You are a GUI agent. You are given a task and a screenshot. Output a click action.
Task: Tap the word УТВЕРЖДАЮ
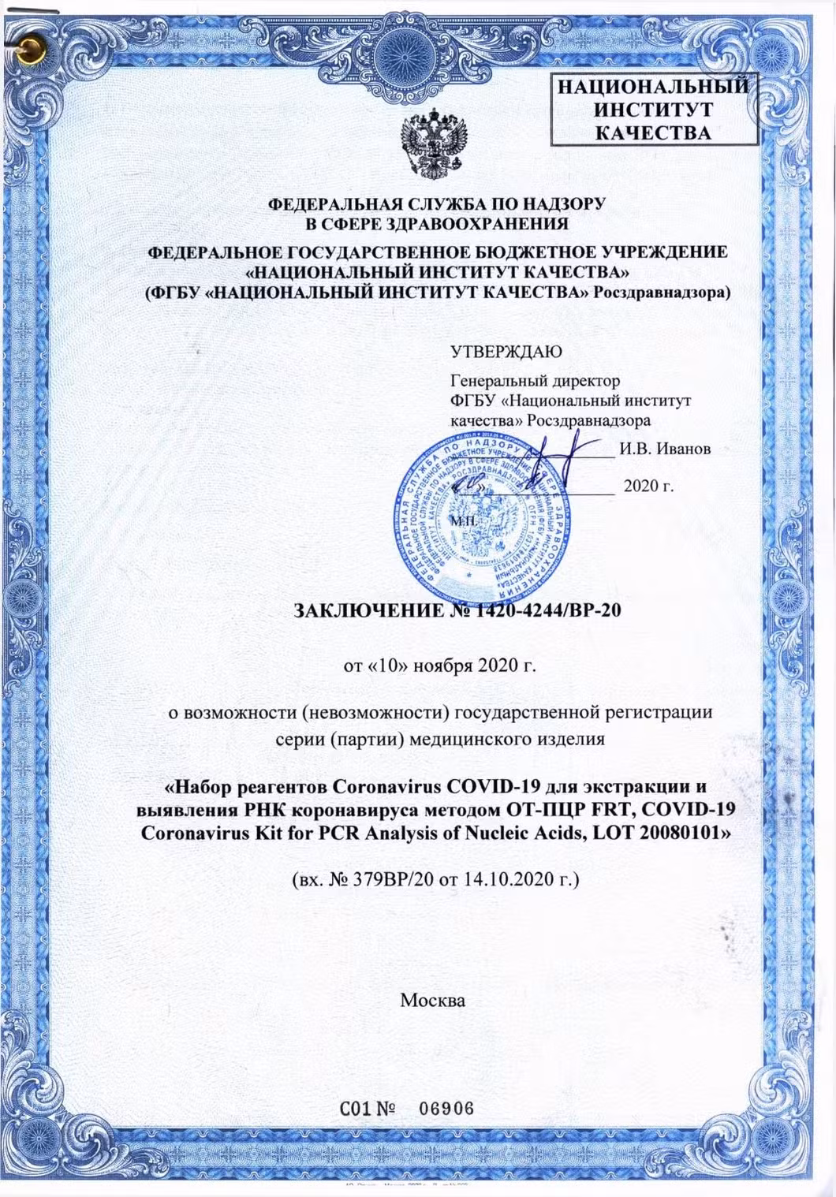click(506, 352)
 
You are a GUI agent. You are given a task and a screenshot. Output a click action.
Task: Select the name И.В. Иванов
click(665, 449)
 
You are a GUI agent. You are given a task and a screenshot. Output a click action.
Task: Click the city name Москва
click(432, 1000)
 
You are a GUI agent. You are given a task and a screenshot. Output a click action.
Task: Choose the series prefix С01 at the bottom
click(355, 1108)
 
